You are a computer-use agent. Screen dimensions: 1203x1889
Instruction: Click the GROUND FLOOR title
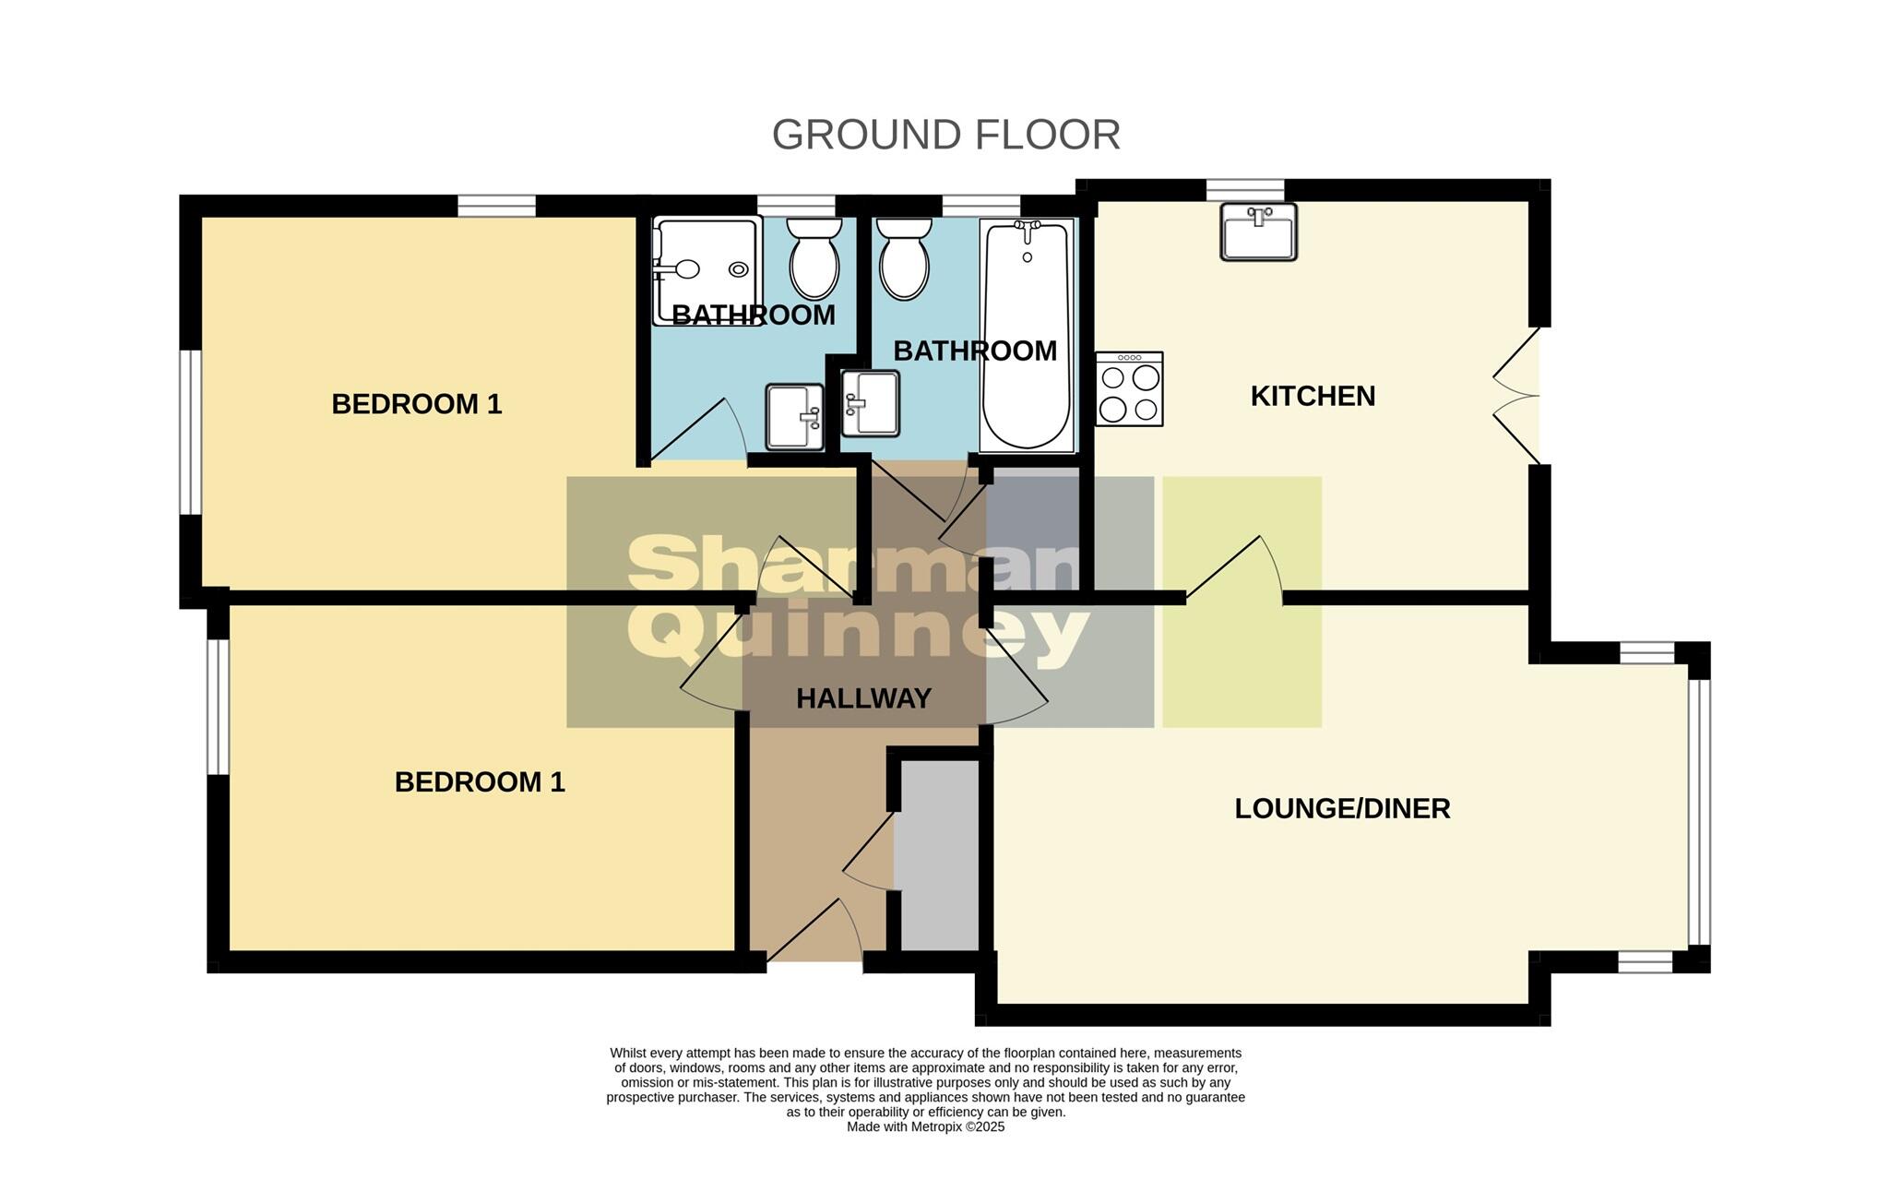(x=945, y=135)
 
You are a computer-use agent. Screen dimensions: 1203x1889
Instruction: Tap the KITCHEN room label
(x=1313, y=396)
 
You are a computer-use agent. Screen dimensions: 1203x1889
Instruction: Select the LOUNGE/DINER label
(x=1342, y=809)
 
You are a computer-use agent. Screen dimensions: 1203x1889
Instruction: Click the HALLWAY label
(x=863, y=699)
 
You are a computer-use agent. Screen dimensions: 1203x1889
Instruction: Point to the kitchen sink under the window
(x=1258, y=232)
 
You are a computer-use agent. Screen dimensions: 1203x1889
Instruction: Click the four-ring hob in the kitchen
(x=1129, y=389)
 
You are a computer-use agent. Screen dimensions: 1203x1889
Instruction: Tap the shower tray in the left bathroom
(x=706, y=270)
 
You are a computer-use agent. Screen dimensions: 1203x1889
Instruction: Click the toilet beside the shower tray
(x=814, y=257)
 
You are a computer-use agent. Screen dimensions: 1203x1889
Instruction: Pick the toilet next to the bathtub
(x=903, y=257)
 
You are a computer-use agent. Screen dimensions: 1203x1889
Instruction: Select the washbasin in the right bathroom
(x=871, y=402)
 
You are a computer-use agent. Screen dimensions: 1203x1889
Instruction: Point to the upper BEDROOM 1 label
(x=416, y=404)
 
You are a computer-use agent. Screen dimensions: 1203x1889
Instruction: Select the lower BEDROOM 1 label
(x=479, y=782)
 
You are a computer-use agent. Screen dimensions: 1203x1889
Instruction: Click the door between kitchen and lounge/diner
(x=1234, y=572)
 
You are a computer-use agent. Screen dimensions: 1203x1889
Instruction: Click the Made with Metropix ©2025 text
(x=925, y=1126)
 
